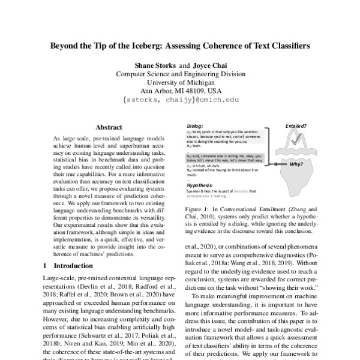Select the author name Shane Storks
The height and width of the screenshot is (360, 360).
pyautogui.click(x=152, y=65)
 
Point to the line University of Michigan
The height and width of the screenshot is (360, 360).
pyautogui.click(x=180, y=83)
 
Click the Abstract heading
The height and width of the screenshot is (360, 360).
pyautogui.click(x=109, y=127)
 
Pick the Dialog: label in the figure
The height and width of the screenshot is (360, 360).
pyautogui.click(x=196, y=125)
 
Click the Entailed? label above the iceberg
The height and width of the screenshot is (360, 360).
pyautogui.click(x=296, y=127)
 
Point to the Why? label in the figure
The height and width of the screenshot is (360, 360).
pyautogui.click(x=295, y=163)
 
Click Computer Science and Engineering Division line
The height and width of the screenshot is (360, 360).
pyautogui.click(x=180, y=74)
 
